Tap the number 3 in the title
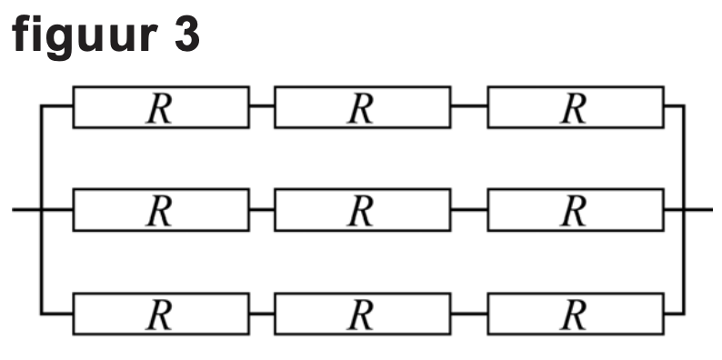(187, 35)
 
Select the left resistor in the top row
(161, 106)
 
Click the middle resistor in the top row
(363, 106)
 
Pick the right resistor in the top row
(576, 106)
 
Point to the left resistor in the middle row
(161, 209)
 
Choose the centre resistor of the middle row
(363, 209)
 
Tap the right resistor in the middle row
(576, 209)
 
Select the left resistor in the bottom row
(161, 314)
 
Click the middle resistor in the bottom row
(363, 314)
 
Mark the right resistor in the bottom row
(576, 314)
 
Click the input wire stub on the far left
(26, 209)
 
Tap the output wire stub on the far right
(698, 209)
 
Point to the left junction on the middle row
(41, 209)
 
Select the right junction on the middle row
(685, 209)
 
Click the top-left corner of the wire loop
(41, 105)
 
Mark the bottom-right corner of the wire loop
(685, 314)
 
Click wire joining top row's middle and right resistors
(469, 105)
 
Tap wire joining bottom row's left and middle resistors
(262, 314)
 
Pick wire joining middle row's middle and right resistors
(469, 209)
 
